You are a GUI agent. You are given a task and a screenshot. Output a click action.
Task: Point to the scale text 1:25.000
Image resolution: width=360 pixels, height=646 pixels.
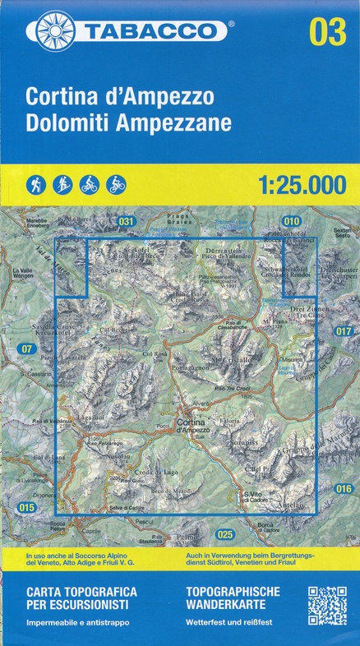(x=302, y=185)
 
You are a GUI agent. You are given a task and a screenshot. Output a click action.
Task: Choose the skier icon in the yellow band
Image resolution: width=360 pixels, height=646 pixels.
(x=62, y=185)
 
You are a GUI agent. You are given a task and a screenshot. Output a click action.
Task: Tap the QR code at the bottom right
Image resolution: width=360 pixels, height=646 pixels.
(x=327, y=606)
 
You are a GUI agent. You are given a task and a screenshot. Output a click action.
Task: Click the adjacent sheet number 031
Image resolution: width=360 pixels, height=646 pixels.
(x=126, y=221)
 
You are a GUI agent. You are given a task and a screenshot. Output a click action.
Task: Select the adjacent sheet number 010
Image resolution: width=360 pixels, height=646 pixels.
(x=292, y=221)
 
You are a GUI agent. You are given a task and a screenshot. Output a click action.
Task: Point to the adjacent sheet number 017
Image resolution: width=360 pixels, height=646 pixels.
(x=344, y=331)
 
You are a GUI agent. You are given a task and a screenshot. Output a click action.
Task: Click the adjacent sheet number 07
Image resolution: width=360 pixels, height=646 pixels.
(x=27, y=349)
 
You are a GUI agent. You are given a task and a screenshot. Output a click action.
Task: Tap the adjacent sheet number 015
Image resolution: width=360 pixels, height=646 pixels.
(x=27, y=508)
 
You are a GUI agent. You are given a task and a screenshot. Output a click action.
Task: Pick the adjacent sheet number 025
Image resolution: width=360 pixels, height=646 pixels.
(x=225, y=534)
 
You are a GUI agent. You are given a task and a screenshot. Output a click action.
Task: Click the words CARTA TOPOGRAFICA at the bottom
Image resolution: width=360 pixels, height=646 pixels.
(x=81, y=592)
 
